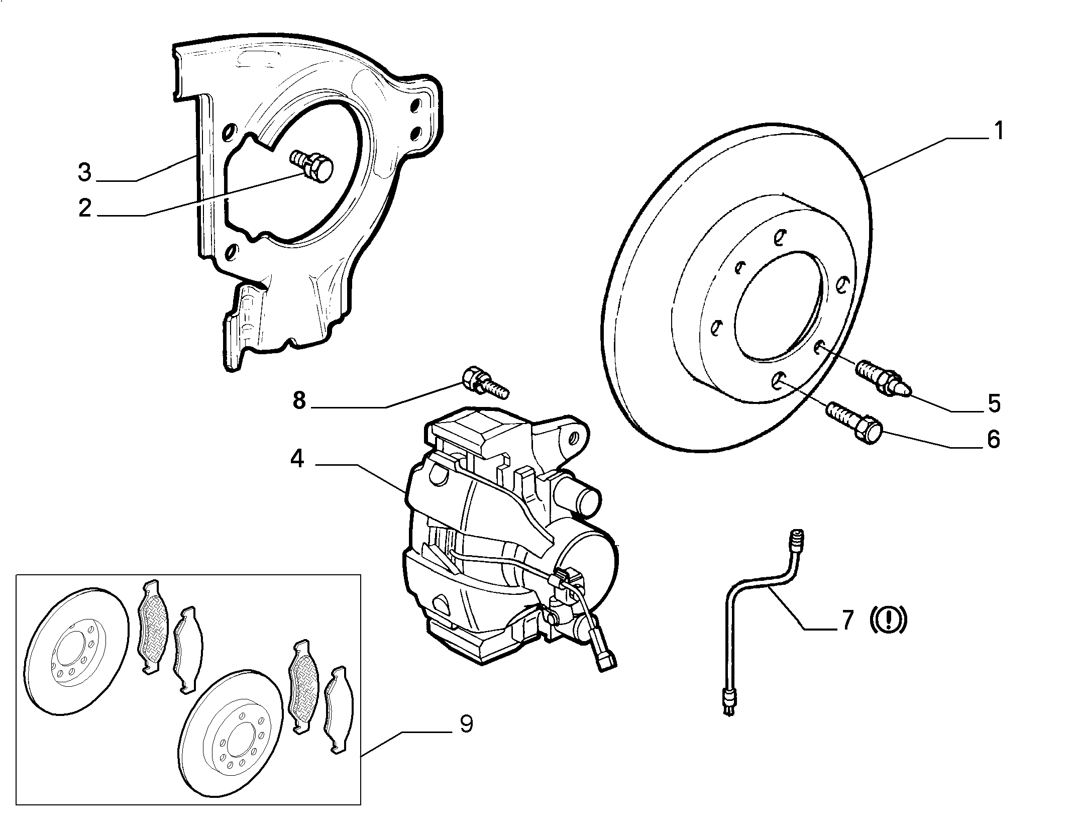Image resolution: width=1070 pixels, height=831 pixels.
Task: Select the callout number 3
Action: [85, 172]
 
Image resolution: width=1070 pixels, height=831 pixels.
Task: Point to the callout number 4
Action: [297, 459]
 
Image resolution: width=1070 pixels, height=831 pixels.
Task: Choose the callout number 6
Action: [994, 439]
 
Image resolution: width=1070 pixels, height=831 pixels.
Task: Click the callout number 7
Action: [847, 620]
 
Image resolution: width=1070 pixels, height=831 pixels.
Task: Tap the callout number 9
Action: [466, 724]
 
